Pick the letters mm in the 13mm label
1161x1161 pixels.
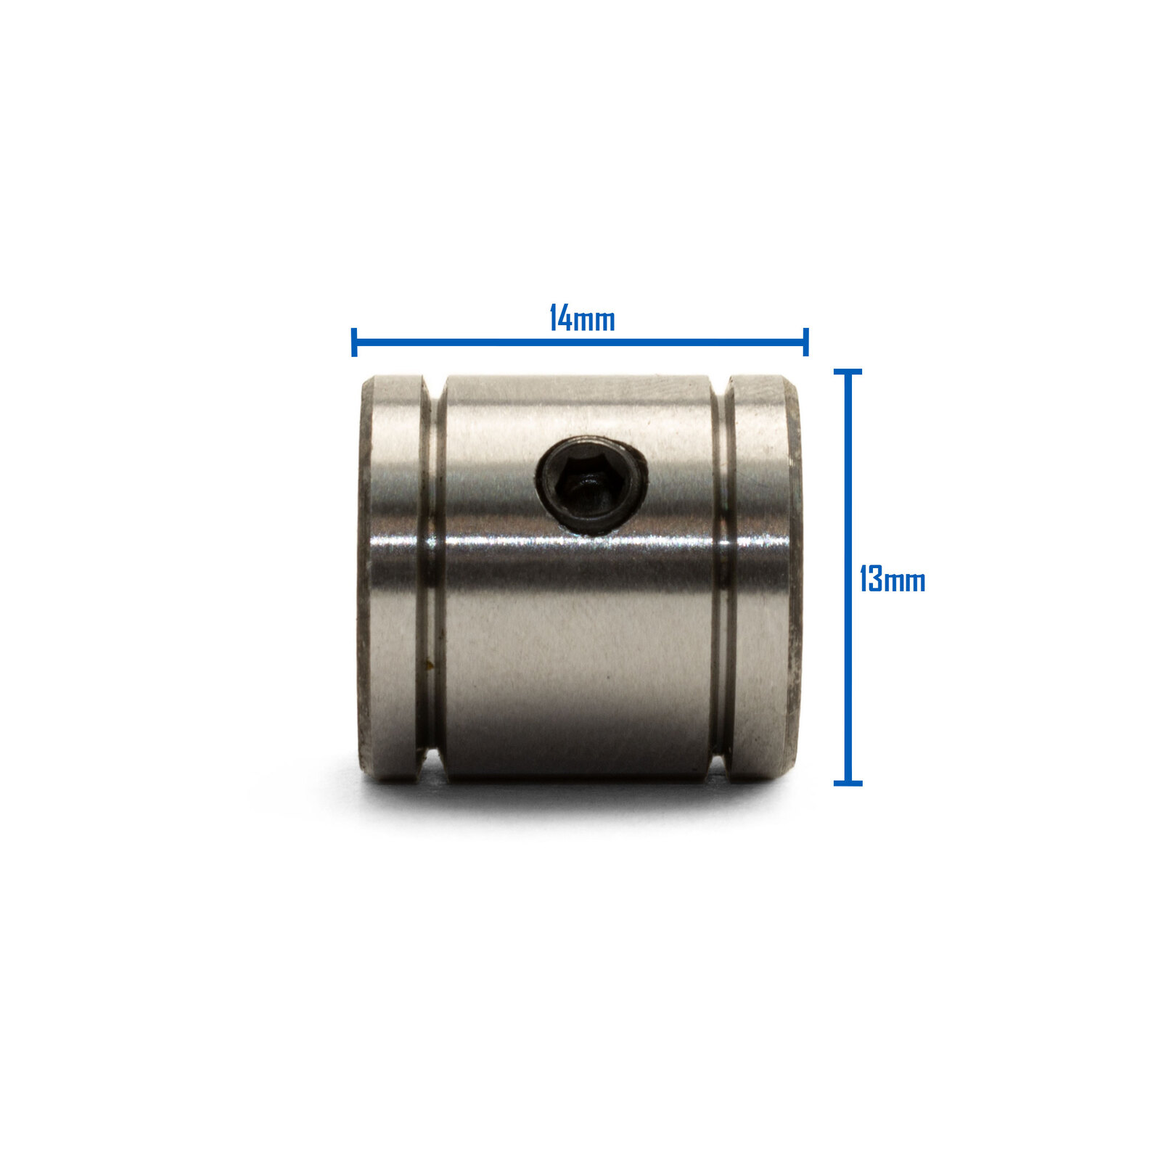click(x=905, y=583)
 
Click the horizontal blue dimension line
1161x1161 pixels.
click(x=580, y=340)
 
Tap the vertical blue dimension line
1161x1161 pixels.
click(x=848, y=577)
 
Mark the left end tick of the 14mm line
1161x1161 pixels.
click(x=353, y=342)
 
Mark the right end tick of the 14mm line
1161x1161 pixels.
click(x=806, y=342)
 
